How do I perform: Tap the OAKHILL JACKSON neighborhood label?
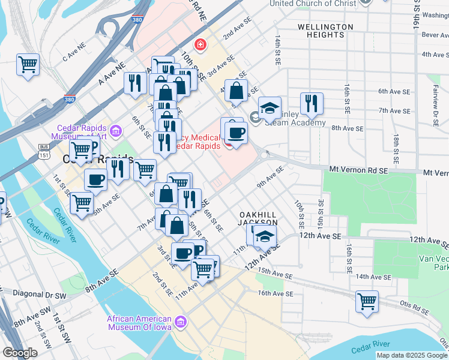click(x=258, y=218)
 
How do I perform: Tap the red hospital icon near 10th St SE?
click(x=199, y=44)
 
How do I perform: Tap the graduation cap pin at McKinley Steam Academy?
click(x=270, y=108)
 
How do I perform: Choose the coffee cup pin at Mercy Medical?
click(x=235, y=132)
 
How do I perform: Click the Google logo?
click(x=20, y=353)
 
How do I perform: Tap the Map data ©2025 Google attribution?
click(x=411, y=355)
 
